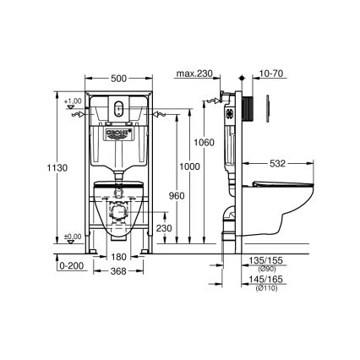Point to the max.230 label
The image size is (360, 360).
tap(193, 75)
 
